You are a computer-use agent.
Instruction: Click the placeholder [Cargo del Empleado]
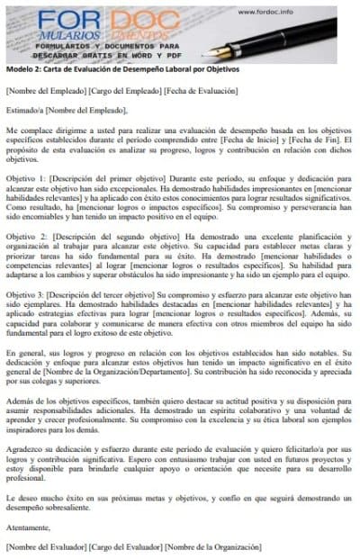click(126, 91)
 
